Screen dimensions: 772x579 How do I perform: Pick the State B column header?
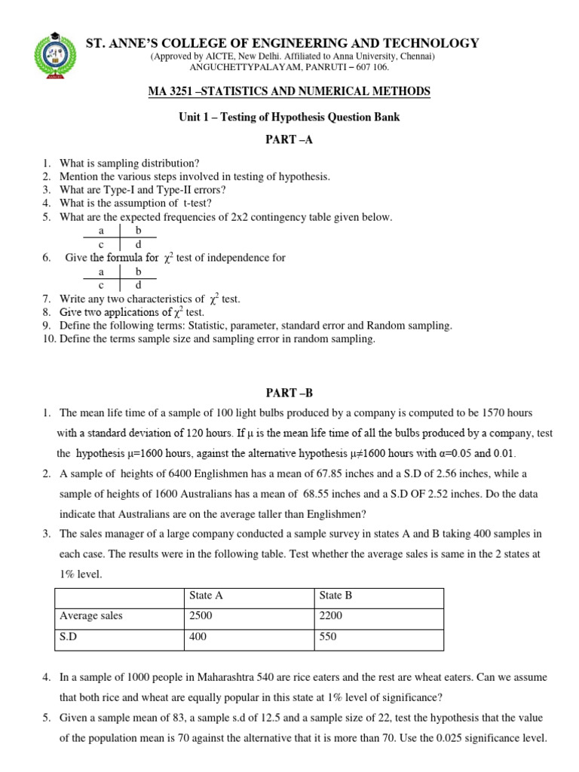[335, 595]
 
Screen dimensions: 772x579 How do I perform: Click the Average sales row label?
[90, 616]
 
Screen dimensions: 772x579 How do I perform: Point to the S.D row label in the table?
[69, 637]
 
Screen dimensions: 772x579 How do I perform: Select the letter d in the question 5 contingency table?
[138, 245]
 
